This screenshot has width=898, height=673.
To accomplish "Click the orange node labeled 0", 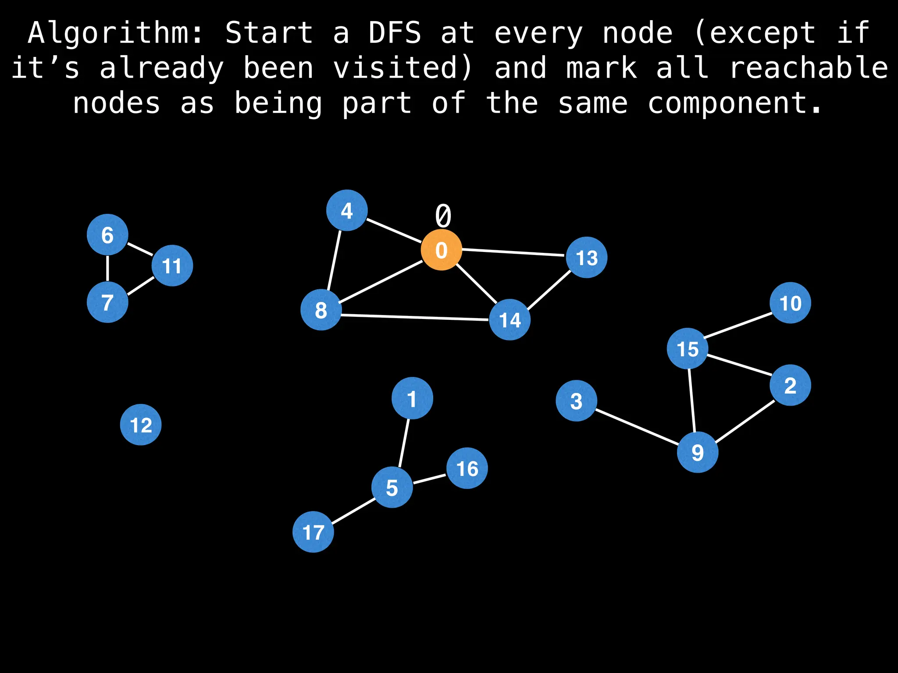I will pyautogui.click(x=441, y=250).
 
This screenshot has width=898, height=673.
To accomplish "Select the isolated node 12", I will pyautogui.click(x=141, y=425).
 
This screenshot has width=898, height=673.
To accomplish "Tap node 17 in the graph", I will pyautogui.click(x=313, y=532).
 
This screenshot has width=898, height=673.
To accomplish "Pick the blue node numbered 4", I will pyautogui.click(x=347, y=211).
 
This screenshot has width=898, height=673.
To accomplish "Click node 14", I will pyautogui.click(x=510, y=320).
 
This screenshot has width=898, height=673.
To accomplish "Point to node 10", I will pyautogui.click(x=790, y=303).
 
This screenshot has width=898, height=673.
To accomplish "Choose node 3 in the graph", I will pyautogui.click(x=576, y=400).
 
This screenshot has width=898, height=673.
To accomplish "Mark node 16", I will pyautogui.click(x=467, y=468).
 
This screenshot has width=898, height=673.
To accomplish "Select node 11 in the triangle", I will pyautogui.click(x=172, y=266).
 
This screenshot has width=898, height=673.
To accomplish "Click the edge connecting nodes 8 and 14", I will pyautogui.click(x=415, y=318).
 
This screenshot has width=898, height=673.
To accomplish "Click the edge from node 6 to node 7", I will pyautogui.click(x=107, y=269).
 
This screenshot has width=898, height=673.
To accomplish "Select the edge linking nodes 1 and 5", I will pyautogui.click(x=404, y=443).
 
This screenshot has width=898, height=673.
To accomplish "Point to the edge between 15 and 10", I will pyautogui.click(x=738, y=326).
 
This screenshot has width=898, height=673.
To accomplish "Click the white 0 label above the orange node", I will pyautogui.click(x=443, y=216).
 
